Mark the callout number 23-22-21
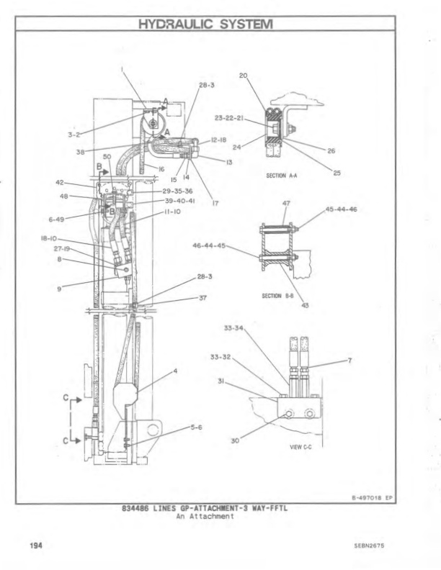[230, 117]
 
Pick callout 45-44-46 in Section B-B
[342, 209]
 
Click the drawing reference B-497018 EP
[370, 497]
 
